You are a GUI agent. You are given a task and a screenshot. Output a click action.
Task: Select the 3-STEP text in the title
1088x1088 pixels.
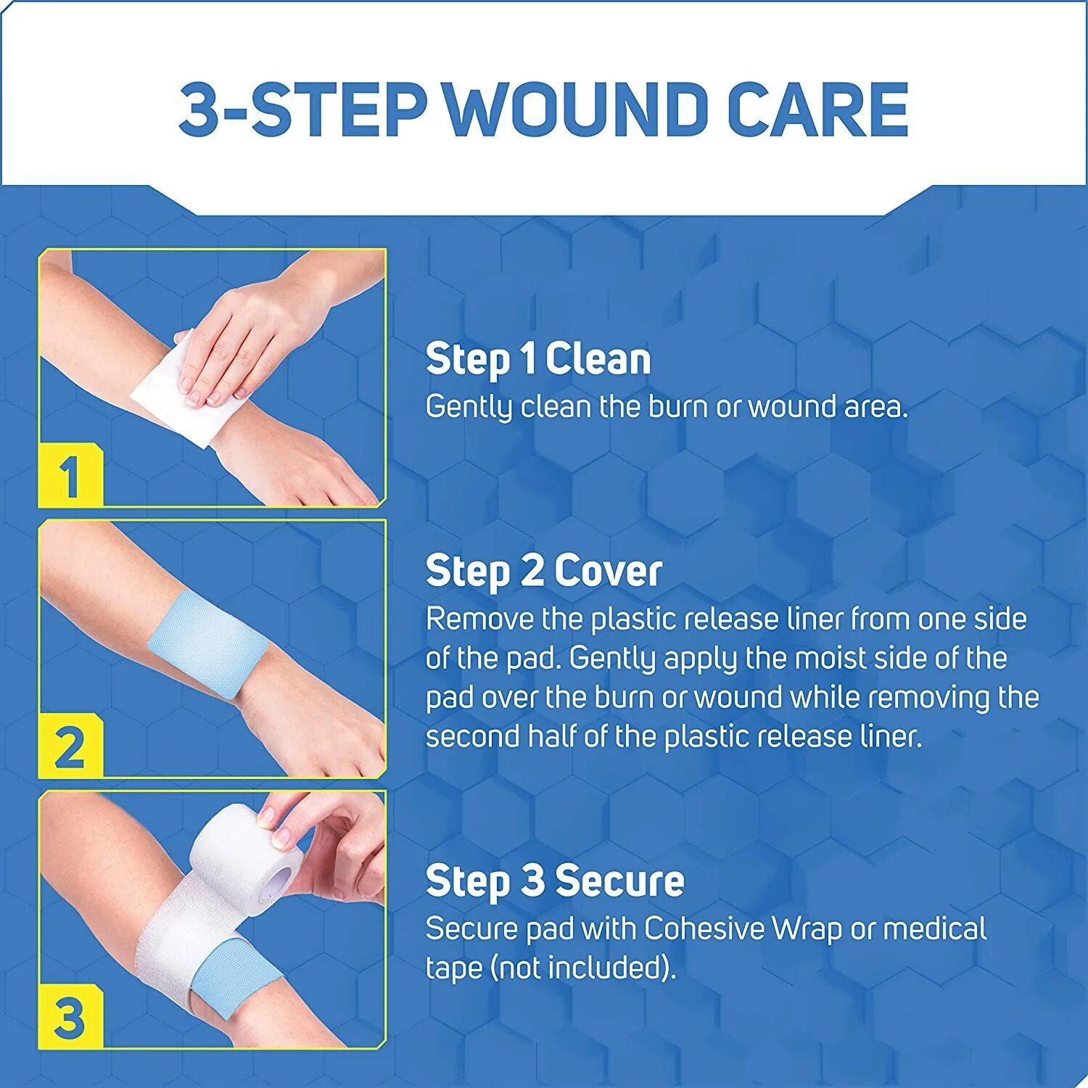pyautogui.click(x=302, y=110)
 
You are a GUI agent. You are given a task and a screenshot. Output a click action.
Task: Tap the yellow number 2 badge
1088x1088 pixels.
pyautogui.click(x=70, y=748)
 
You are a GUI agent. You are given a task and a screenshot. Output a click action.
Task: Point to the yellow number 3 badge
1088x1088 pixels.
pyautogui.click(x=70, y=1018)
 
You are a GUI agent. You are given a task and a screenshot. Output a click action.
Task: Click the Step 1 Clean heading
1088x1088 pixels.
pyautogui.click(x=538, y=360)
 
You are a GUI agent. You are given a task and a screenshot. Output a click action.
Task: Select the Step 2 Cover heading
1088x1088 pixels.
pyautogui.click(x=543, y=572)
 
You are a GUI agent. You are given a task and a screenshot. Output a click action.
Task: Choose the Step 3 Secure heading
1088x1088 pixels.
pyautogui.click(x=555, y=881)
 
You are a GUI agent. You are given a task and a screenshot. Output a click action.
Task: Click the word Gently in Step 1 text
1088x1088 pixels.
pyautogui.click(x=469, y=408)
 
